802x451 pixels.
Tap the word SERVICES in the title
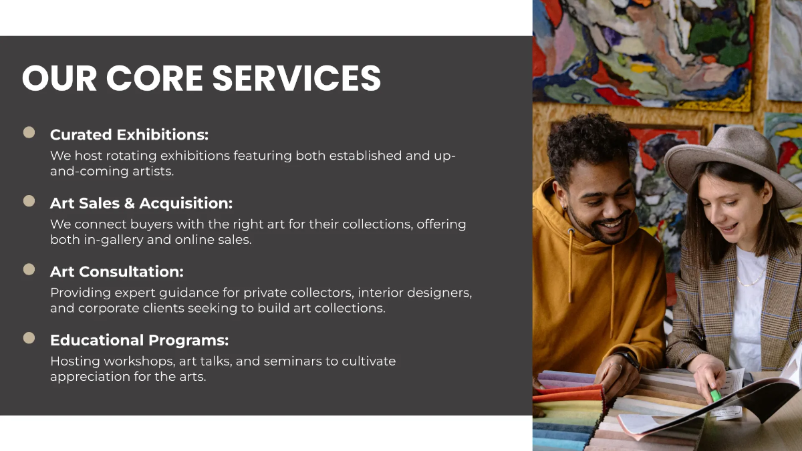[x=297, y=78]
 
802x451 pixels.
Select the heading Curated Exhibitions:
[x=129, y=135]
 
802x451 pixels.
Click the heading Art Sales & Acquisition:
[x=141, y=203]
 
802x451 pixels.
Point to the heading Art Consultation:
[x=116, y=272]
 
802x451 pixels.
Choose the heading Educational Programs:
[x=139, y=340]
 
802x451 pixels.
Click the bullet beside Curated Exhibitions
[x=29, y=133]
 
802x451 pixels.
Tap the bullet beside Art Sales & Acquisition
[x=29, y=201]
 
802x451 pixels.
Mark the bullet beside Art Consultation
[x=29, y=269]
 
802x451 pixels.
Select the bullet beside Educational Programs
[x=29, y=338]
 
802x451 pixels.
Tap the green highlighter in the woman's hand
[x=715, y=395]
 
